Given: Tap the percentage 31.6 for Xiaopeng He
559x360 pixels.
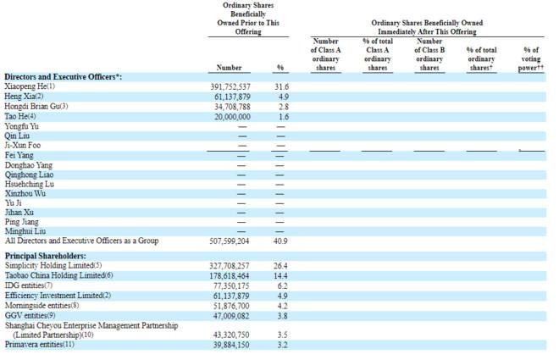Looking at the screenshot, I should point(283,86).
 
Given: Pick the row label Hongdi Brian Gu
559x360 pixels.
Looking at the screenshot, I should point(36,106).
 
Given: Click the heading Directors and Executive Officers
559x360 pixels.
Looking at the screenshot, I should point(64,76).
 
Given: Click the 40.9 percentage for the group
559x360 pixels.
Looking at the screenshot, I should point(283,241).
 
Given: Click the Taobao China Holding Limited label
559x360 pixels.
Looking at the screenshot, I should point(58,275).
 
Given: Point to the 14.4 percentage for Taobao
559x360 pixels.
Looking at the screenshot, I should point(283,275).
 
